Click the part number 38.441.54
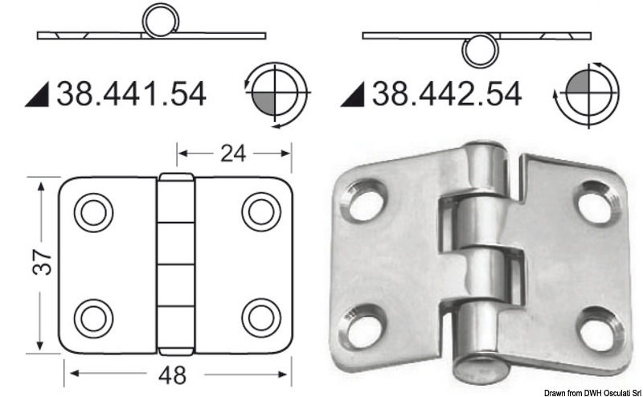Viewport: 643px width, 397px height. (x=131, y=95)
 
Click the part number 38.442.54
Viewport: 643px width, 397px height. (x=446, y=95)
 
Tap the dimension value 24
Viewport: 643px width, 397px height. (x=234, y=152)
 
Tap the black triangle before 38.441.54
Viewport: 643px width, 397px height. (x=39, y=96)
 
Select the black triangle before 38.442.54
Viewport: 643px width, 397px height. (x=352, y=96)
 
